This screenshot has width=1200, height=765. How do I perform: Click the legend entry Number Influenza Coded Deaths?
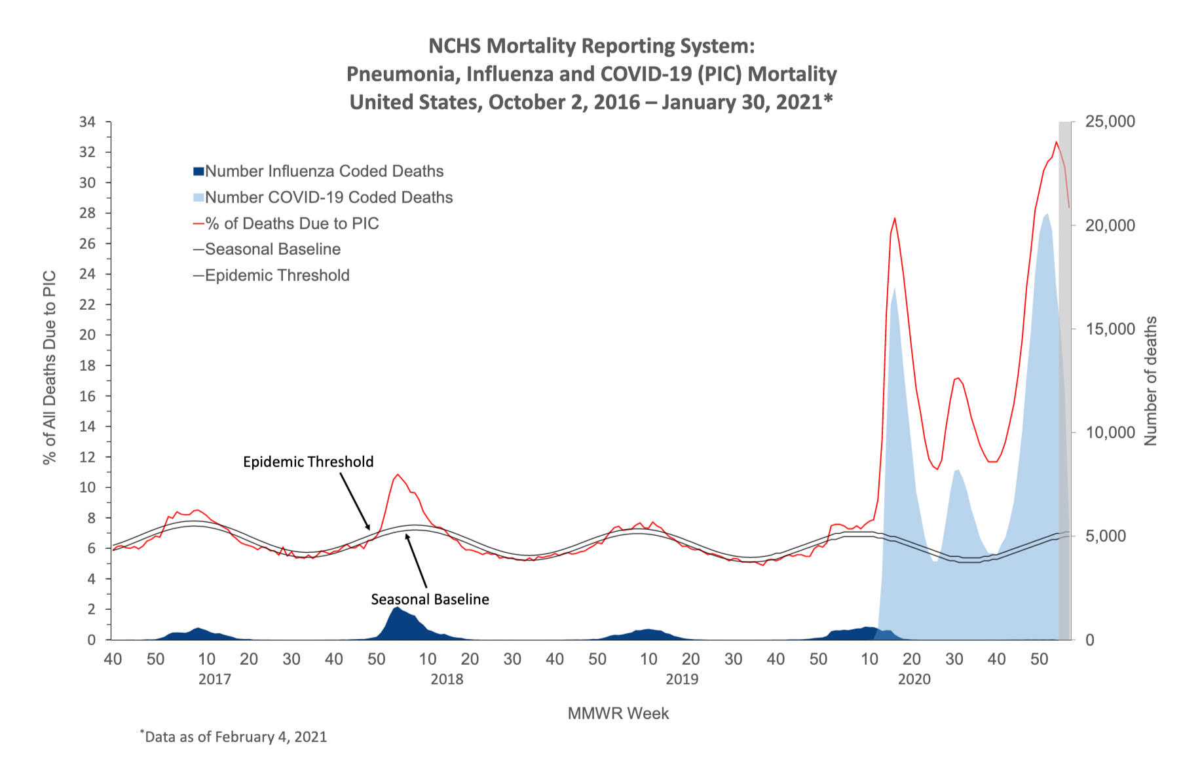[324, 172]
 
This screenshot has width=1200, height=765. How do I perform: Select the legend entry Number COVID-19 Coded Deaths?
[329, 198]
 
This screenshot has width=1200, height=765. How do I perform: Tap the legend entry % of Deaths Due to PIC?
[292, 224]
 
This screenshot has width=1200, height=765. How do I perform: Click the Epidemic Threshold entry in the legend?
[277, 276]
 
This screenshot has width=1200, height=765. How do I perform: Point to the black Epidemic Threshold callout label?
[308, 462]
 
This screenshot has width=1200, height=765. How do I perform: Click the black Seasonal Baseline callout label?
[430, 599]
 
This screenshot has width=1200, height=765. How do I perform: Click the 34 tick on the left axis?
[87, 122]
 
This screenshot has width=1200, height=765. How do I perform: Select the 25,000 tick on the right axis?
[1110, 122]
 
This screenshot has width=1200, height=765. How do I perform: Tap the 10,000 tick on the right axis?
[1110, 433]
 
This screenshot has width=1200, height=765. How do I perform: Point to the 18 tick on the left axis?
[87, 366]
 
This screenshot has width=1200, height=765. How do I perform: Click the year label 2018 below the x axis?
[447, 679]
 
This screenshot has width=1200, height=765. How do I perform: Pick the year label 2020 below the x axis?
[914, 679]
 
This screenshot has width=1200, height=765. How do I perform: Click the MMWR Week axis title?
[618, 714]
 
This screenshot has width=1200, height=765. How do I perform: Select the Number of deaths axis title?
[1151, 381]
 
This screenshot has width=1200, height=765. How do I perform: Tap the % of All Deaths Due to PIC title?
[50, 367]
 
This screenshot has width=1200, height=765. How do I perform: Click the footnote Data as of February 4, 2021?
[235, 737]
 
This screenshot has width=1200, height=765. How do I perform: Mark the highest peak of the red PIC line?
[1056, 142]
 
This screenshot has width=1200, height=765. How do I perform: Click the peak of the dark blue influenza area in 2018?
[396, 608]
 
